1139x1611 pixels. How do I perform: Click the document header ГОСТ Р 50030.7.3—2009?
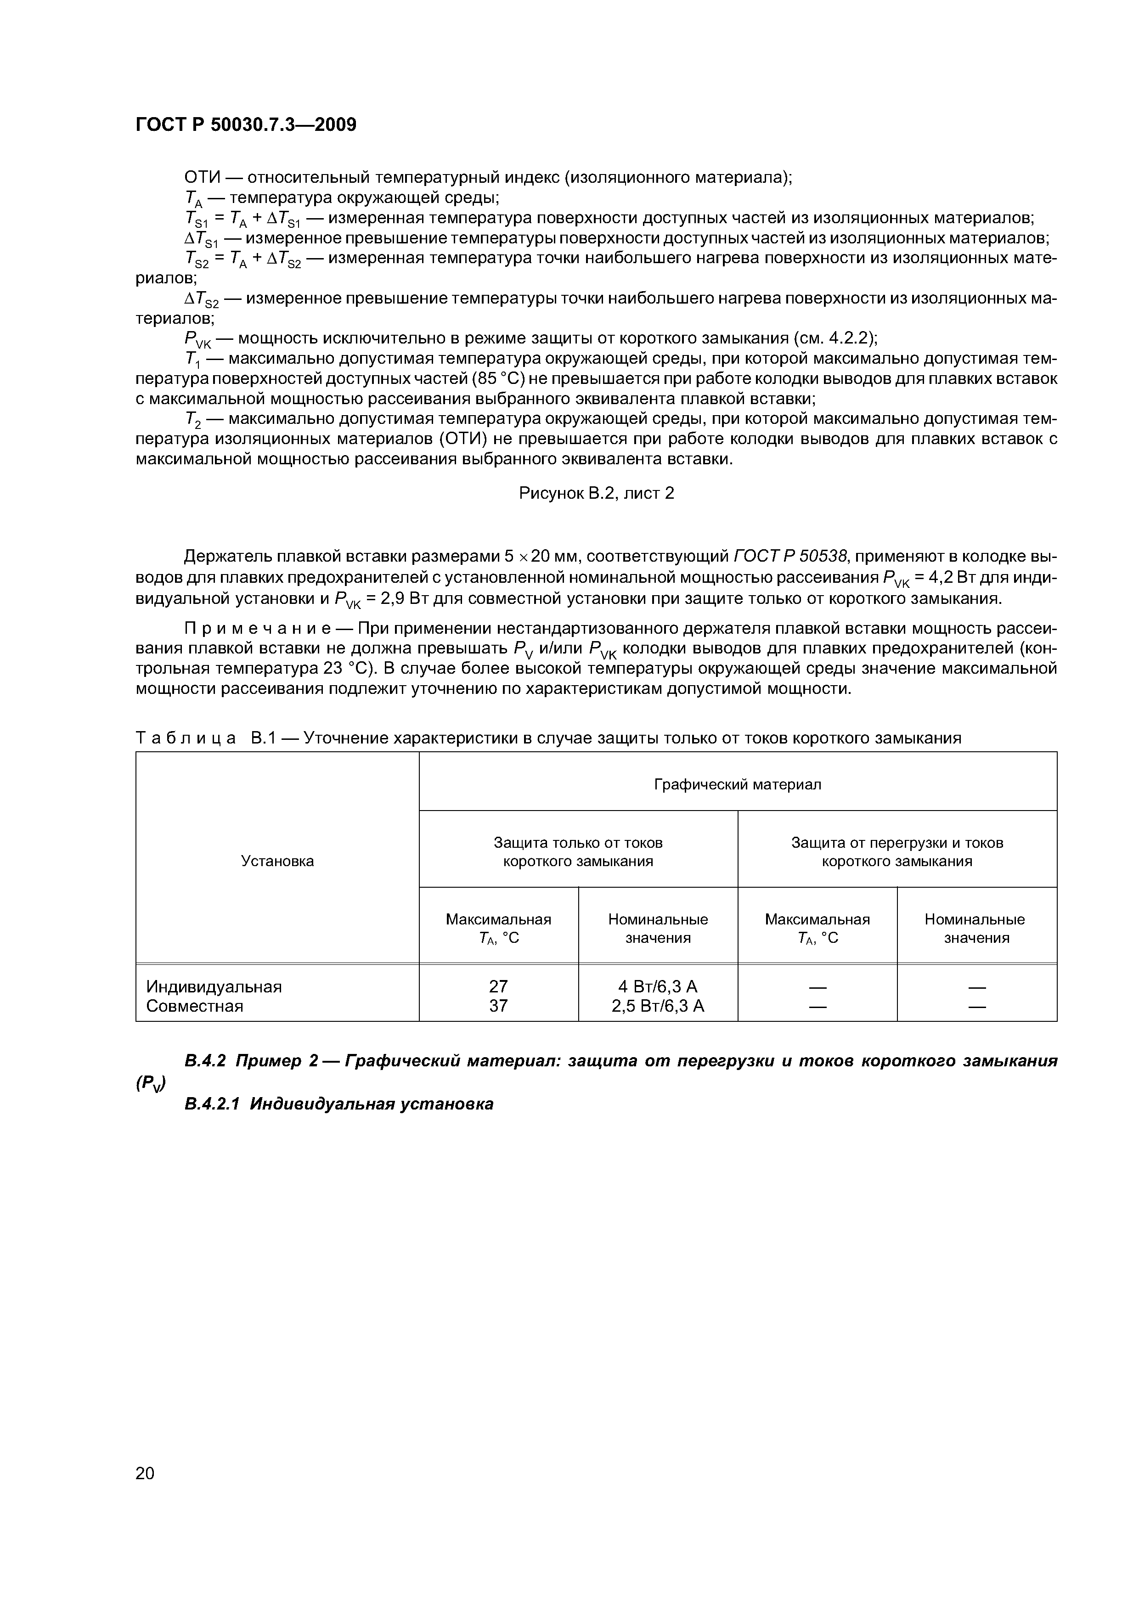coord(246,125)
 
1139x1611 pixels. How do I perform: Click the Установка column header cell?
coord(277,861)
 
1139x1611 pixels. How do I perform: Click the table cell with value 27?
coord(498,986)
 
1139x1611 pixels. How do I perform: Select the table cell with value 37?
coord(498,1006)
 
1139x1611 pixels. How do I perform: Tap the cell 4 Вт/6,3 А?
coord(658,986)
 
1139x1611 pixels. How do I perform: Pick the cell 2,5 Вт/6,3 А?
coord(658,1006)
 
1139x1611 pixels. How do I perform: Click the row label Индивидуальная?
coord(214,986)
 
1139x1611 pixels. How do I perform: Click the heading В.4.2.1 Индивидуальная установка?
coord(338,1104)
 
